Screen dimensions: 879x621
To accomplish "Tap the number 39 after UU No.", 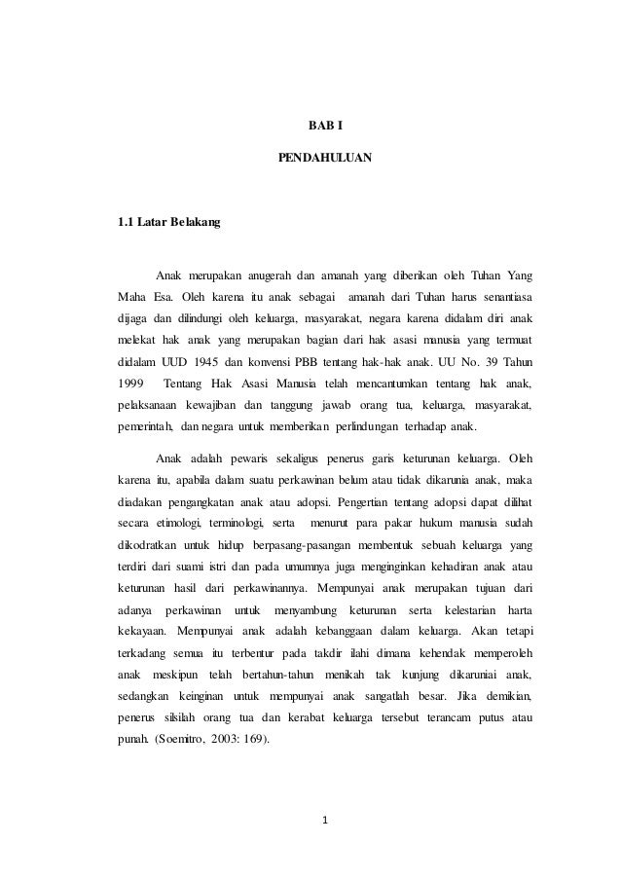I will pos(488,363).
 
